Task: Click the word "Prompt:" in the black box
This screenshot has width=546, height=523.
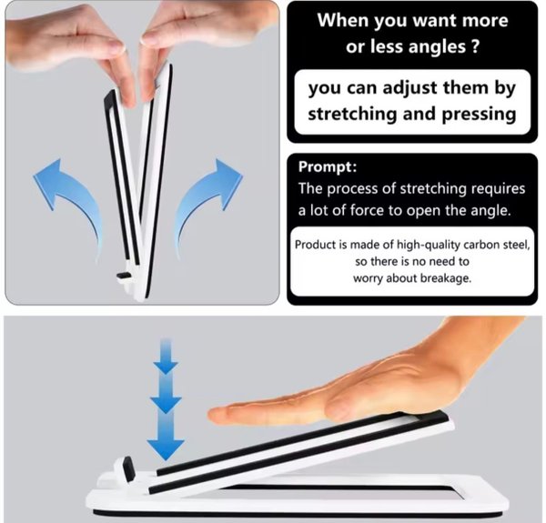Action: pos(328,167)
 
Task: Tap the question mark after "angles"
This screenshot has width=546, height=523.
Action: pos(475,46)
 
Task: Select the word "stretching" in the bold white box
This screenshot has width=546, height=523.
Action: pos(352,114)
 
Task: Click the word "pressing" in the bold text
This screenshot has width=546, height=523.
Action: pos(479,115)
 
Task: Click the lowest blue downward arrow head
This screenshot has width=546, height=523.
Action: pos(166,449)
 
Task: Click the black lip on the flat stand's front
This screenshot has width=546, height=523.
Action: pos(127,469)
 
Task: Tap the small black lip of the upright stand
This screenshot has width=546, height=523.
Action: pos(124,276)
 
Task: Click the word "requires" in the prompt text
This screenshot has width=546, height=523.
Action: pos(498,189)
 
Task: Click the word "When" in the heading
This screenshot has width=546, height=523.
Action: pos(343,20)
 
